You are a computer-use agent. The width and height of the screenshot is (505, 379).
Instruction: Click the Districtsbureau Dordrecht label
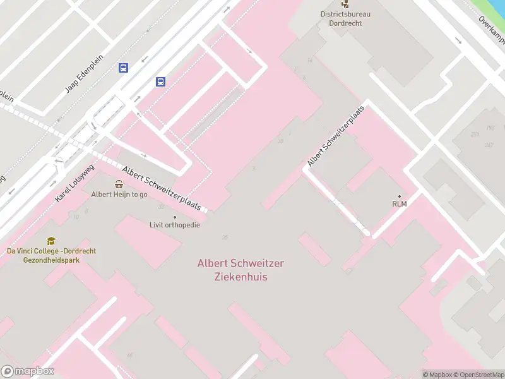coord(345,18)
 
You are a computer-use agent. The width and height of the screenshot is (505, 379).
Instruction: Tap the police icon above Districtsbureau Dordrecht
coord(345,4)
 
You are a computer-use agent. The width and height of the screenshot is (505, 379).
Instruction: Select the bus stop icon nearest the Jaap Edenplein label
coord(123,68)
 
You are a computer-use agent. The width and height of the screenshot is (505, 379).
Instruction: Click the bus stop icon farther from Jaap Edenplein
coord(161,81)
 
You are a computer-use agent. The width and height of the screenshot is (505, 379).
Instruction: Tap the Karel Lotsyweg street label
coord(74,183)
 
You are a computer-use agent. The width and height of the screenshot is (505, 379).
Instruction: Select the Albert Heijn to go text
coord(119,195)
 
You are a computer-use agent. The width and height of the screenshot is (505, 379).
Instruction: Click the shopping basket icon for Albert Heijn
coord(119,184)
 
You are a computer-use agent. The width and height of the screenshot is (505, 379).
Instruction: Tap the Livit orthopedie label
coord(175,225)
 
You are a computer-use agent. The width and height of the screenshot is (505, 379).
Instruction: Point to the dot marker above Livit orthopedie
coord(175,217)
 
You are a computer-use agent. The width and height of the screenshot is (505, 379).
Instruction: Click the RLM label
coord(399,204)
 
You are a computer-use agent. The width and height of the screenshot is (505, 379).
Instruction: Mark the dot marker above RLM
coord(399,196)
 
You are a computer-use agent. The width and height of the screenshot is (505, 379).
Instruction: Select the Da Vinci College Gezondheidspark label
coord(51,255)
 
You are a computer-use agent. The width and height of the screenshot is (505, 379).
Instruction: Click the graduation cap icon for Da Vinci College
coord(51,241)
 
